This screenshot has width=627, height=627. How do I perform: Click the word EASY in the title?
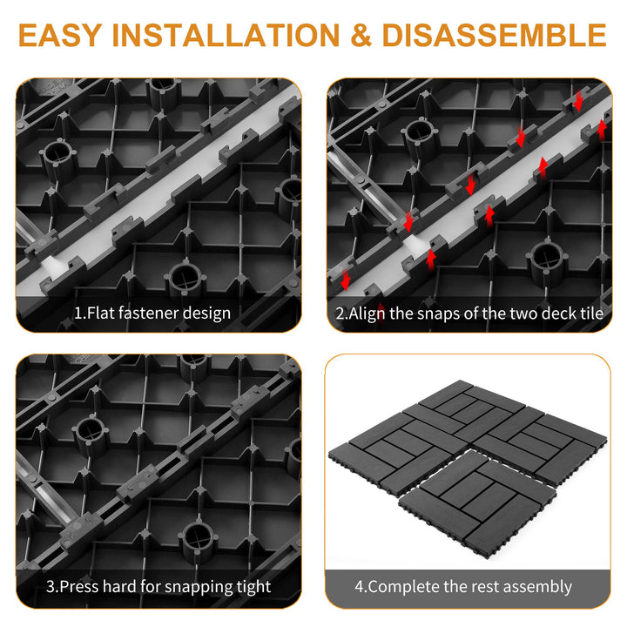click(59, 35)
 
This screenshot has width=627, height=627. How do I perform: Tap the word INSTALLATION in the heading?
click(226, 35)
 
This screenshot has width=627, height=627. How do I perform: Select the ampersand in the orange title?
click(361, 35)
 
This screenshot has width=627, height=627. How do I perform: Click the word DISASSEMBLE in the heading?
click(495, 35)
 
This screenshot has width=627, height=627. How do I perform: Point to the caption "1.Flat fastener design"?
click(152, 313)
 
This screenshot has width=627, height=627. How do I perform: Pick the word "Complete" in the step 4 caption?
click(403, 587)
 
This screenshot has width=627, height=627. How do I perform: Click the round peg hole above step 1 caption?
click(185, 277)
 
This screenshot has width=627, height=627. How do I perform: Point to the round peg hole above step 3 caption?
click(199, 536)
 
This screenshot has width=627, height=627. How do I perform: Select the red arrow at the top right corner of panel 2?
click(578, 103)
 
